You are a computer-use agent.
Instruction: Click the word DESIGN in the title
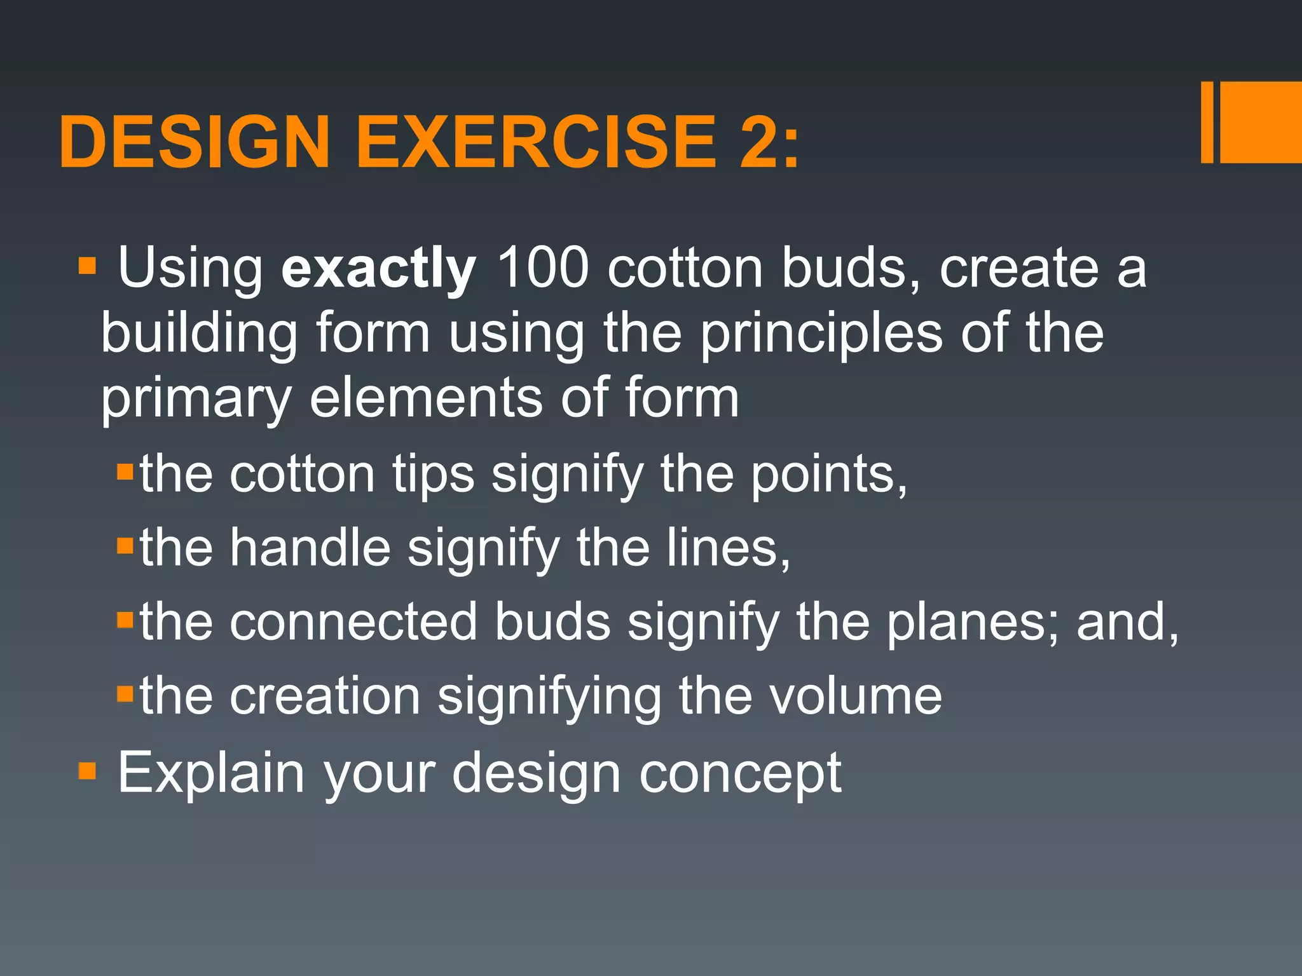194,142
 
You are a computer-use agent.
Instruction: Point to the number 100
542,268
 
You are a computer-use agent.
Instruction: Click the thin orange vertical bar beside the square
1207,123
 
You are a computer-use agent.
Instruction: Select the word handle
310,548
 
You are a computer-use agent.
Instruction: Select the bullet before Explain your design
87,771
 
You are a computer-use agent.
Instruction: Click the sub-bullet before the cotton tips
125,471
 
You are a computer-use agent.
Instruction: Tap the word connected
353,622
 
